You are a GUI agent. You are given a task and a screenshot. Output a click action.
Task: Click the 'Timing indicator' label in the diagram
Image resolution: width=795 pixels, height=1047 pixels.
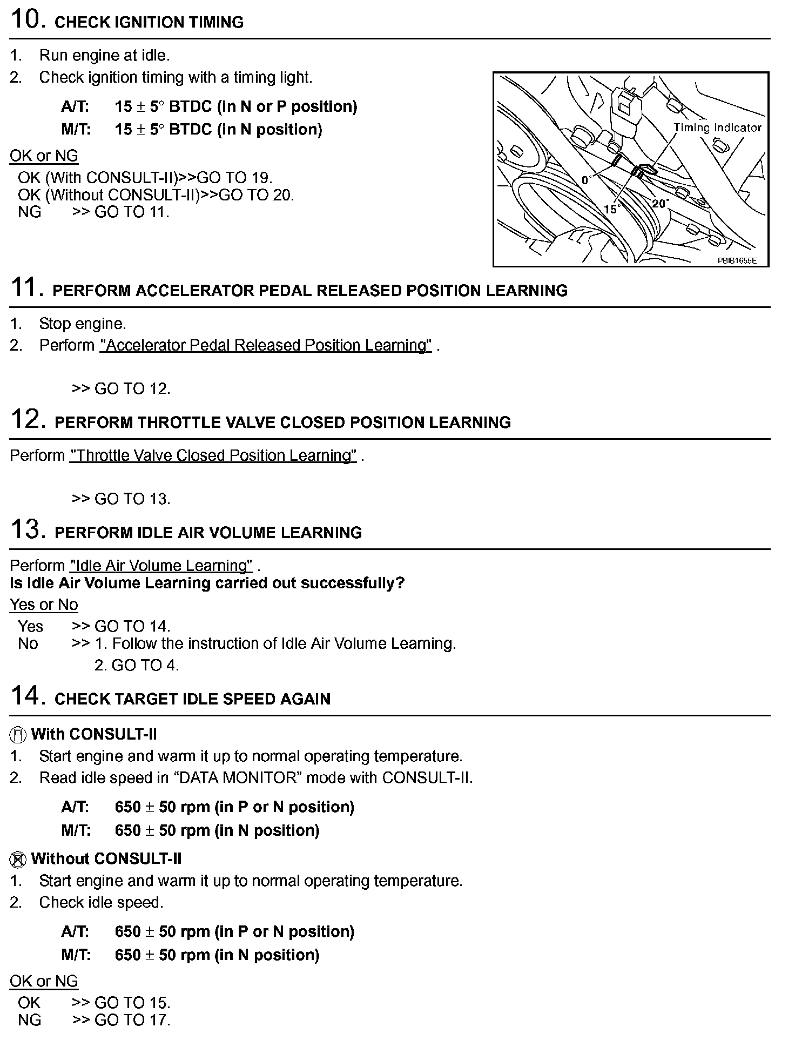click(x=717, y=128)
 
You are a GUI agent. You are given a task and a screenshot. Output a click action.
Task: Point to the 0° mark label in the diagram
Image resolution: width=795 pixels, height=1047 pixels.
click(x=587, y=180)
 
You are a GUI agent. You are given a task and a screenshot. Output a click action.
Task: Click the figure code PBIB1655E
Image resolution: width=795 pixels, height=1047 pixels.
click(x=737, y=260)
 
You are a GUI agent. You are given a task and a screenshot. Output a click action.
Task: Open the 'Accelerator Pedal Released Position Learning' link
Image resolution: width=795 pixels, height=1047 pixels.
click(x=266, y=345)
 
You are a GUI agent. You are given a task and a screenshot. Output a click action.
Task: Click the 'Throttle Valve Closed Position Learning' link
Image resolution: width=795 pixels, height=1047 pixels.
click(x=213, y=455)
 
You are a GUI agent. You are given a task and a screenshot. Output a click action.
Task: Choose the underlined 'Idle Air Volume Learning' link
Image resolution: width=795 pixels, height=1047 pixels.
click(x=161, y=566)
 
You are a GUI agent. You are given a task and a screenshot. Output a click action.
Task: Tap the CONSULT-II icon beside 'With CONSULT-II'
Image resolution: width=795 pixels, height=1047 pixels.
click(x=18, y=735)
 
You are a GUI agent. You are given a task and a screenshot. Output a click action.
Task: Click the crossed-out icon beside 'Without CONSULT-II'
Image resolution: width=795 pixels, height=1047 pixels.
click(x=18, y=859)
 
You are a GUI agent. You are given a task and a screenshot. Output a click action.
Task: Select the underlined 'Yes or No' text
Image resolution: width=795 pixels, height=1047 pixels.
click(x=44, y=605)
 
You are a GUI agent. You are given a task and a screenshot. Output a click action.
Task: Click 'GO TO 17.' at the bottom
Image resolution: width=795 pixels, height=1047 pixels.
click(x=132, y=1020)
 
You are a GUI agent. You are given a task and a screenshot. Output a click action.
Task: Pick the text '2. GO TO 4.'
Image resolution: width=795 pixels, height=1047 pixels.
click(x=137, y=665)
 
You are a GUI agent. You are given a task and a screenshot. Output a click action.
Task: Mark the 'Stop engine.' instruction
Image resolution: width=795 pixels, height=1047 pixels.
click(x=83, y=324)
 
